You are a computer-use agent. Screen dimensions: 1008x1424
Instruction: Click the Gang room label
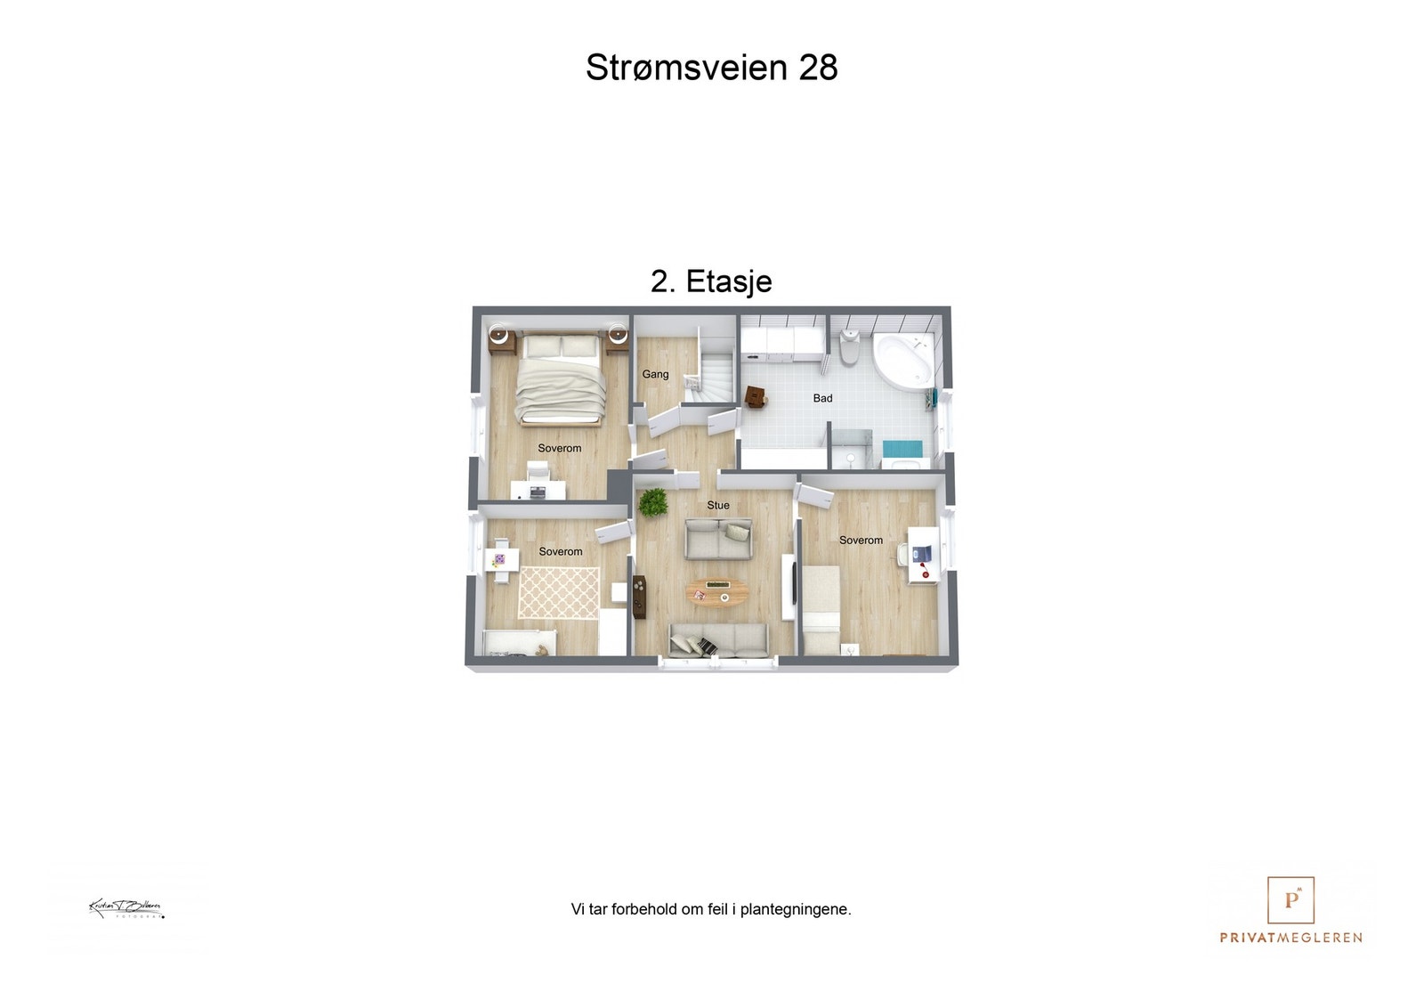click(655, 374)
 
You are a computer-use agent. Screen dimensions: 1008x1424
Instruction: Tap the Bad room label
click(822, 398)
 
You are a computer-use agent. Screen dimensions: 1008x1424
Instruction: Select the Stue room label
click(718, 505)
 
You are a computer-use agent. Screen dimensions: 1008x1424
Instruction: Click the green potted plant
click(653, 502)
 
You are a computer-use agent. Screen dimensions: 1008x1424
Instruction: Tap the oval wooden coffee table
click(717, 592)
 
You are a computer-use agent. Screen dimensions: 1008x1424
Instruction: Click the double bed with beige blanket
click(561, 378)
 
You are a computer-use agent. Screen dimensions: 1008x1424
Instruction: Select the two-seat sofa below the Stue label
click(718, 539)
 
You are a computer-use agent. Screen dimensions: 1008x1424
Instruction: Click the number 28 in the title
click(818, 68)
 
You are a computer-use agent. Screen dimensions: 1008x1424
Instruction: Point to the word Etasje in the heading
click(729, 281)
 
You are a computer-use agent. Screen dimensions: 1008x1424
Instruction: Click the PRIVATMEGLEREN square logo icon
click(1290, 900)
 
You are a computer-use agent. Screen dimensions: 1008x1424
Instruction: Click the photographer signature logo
click(126, 909)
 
